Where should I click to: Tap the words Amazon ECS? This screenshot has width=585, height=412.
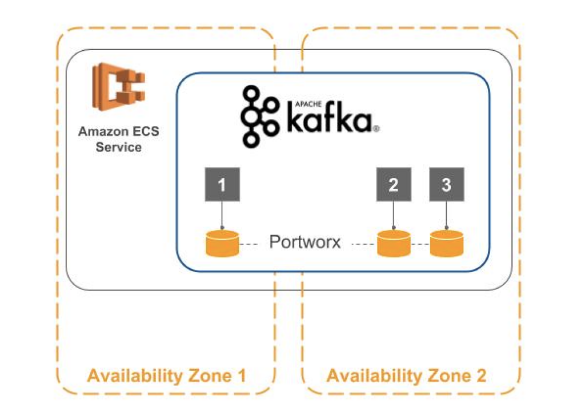(119, 132)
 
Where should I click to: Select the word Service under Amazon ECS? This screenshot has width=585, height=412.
(119, 147)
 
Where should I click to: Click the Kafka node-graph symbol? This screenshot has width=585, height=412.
(259, 117)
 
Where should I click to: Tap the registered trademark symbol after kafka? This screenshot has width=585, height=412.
(376, 130)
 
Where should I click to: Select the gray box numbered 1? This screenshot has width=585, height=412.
(222, 185)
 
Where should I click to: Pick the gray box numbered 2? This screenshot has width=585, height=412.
(393, 185)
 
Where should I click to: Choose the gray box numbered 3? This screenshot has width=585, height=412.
(446, 185)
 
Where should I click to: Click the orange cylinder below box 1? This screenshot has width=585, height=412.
(222, 244)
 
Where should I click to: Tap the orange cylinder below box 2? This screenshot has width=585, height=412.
(393, 244)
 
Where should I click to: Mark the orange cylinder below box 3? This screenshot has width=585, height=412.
(446, 244)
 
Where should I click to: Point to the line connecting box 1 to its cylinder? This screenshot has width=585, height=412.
(222, 215)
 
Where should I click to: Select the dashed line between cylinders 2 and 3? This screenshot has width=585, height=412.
(420, 244)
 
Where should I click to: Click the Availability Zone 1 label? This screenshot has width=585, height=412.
(166, 376)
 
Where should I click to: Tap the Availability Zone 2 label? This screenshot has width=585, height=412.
(406, 376)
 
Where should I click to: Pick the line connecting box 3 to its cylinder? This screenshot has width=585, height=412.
(446, 215)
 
